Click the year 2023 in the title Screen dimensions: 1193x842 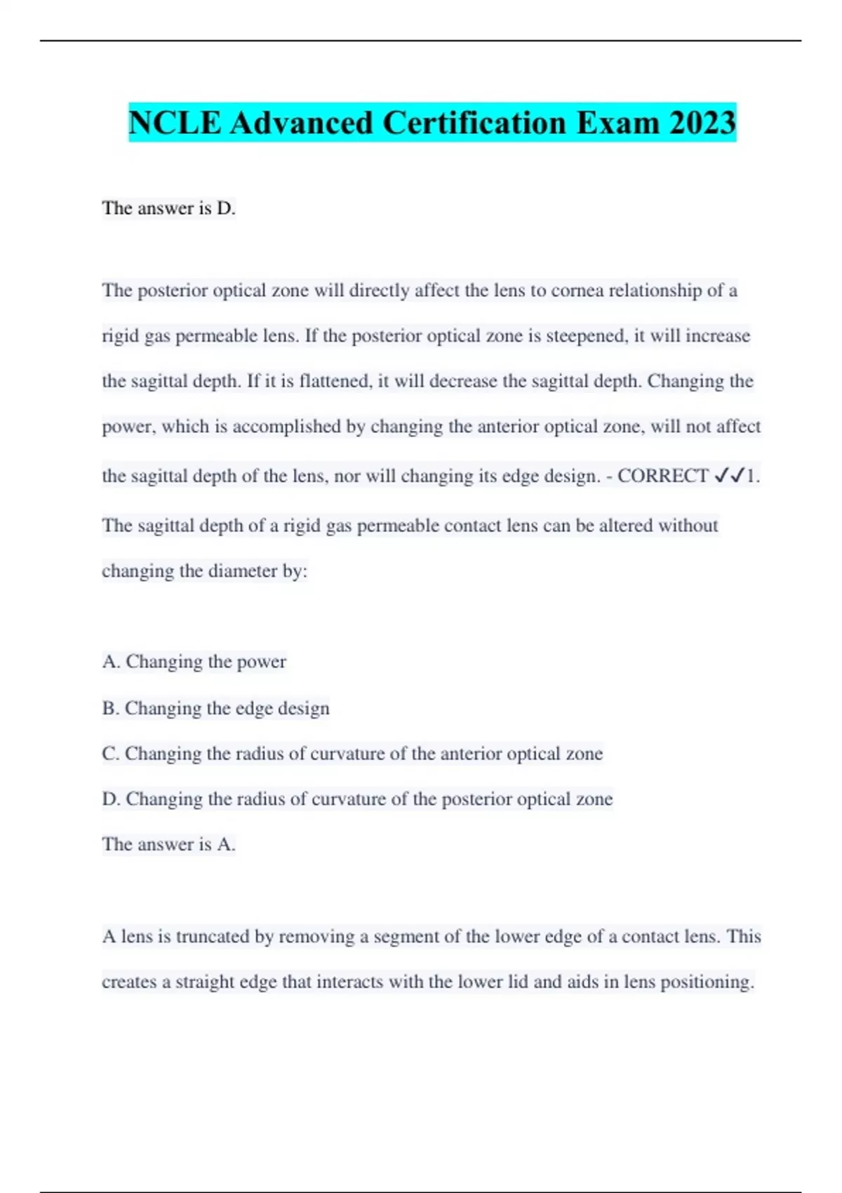tap(702, 123)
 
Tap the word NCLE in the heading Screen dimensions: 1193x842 tap(175, 123)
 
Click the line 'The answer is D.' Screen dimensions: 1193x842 tap(168, 208)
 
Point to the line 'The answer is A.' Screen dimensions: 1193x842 tap(168, 844)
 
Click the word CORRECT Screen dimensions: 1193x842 tap(662, 476)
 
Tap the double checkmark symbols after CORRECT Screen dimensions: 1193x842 tap(728, 476)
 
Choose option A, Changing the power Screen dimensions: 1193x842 tap(194, 662)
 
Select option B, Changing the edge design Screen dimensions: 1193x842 tap(215, 708)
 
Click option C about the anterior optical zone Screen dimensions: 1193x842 tap(352, 754)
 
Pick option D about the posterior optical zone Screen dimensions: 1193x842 tap(357, 799)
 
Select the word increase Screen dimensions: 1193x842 tap(717, 336)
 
